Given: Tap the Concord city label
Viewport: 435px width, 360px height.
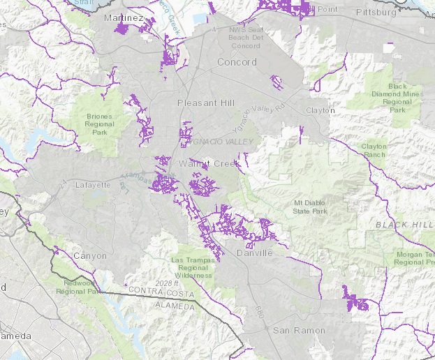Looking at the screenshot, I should tap(237, 62).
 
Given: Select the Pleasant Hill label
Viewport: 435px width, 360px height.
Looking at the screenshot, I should tap(205, 103).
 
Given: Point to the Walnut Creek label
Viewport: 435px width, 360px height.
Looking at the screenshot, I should tap(199, 163).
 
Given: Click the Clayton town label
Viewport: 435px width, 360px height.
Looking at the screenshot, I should tap(319, 110).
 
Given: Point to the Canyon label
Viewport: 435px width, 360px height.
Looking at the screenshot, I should tap(90, 256).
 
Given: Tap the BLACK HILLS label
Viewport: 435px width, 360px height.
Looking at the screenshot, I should tap(404, 225).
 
